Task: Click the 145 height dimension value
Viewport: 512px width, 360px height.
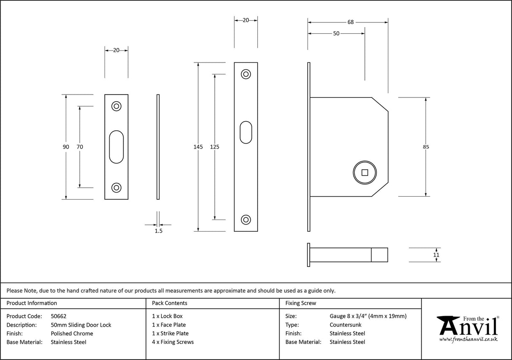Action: coord(198,147)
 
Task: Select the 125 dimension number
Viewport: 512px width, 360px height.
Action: coord(215,147)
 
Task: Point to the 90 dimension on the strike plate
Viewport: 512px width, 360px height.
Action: coord(66,147)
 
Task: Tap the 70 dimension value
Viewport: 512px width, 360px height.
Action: coord(80,147)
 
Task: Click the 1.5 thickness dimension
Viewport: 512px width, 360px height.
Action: coord(158,231)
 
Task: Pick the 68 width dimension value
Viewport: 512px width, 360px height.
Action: coord(350,22)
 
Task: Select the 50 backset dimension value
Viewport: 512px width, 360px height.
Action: coord(336,34)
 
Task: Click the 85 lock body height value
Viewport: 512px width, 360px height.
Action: coord(426,147)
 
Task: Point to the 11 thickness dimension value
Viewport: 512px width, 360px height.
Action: coord(436,255)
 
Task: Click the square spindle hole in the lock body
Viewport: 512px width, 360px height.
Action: coord(365,172)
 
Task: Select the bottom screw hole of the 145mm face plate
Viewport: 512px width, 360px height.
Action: coord(245,219)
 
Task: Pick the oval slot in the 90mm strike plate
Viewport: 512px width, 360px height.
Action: coord(116,146)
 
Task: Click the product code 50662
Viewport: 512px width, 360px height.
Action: coord(58,316)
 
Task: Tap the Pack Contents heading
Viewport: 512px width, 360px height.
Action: coord(170,303)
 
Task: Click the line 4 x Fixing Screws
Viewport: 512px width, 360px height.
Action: coord(173,342)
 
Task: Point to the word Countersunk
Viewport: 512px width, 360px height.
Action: coord(345,325)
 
